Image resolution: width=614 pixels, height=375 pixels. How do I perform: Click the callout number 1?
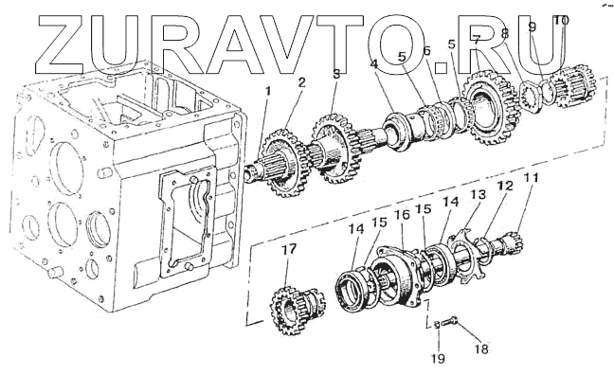268,91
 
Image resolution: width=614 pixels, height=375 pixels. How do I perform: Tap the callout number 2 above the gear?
301,82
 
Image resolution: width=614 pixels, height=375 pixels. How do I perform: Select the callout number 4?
374,64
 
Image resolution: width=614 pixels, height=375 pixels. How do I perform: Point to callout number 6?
426,51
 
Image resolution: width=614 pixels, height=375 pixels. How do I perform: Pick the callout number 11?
532,178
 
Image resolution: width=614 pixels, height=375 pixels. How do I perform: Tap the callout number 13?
479,194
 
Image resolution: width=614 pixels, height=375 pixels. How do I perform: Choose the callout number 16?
402,215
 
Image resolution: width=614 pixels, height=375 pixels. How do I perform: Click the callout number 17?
288,249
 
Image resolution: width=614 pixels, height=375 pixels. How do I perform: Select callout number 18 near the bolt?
481,348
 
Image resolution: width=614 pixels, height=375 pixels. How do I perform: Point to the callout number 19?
439,358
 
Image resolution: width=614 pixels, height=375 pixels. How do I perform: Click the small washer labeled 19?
437,324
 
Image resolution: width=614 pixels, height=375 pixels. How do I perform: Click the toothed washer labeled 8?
532,97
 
